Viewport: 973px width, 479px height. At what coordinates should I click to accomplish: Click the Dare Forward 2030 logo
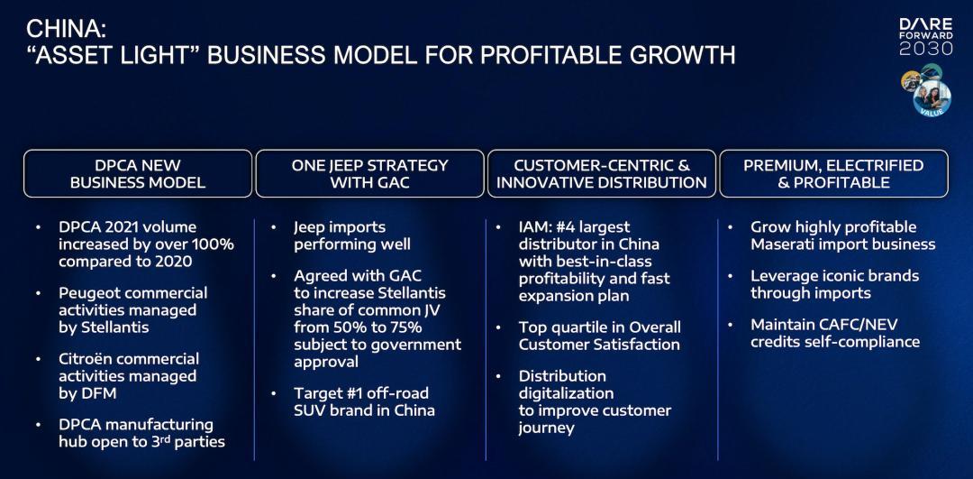pyautogui.click(x=926, y=37)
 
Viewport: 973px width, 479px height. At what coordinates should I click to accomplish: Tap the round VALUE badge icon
pyautogui.click(x=932, y=98)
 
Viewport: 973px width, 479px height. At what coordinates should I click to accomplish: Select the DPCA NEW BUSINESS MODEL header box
pyautogui.click(x=138, y=174)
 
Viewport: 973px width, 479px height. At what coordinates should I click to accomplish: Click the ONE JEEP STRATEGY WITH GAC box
pyautogui.click(x=370, y=174)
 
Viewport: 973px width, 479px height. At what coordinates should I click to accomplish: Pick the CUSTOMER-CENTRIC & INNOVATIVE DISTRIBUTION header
pyautogui.click(x=601, y=174)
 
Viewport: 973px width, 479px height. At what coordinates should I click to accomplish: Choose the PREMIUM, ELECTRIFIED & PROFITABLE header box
pyautogui.click(x=833, y=174)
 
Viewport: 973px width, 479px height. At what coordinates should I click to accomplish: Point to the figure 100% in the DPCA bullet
pyautogui.click(x=213, y=244)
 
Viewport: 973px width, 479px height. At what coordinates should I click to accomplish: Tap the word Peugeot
pyautogui.click(x=88, y=292)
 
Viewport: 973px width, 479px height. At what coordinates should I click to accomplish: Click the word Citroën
pyautogui.click(x=86, y=358)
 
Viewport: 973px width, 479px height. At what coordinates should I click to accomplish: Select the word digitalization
pyautogui.click(x=566, y=393)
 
